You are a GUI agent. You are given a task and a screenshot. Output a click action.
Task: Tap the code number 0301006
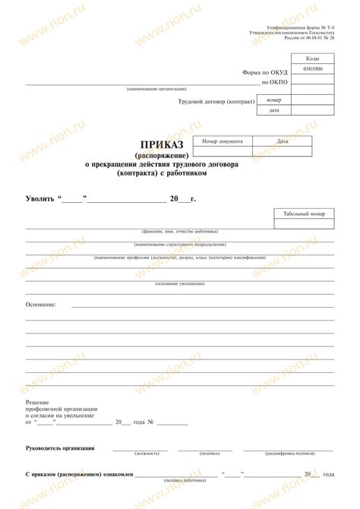(x=313, y=69)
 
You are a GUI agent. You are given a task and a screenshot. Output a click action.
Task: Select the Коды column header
(x=313, y=58)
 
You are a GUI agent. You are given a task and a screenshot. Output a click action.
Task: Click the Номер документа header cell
(x=223, y=141)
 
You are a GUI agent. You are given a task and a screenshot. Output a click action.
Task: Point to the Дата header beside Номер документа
(x=282, y=141)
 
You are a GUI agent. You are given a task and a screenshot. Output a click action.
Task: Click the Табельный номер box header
(x=304, y=213)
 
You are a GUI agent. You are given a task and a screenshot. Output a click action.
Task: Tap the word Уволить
(x=40, y=199)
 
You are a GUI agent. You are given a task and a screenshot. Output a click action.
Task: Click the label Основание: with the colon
(x=41, y=304)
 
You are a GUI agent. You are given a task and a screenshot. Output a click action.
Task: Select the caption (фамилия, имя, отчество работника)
(x=179, y=231)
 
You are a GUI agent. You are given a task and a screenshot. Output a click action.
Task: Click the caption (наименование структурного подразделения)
(x=179, y=244)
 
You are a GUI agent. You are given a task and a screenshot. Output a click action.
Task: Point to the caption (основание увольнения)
(x=179, y=283)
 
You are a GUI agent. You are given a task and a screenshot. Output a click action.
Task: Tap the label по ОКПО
(x=274, y=82)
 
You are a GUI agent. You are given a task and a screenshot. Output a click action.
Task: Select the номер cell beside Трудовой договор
(x=274, y=100)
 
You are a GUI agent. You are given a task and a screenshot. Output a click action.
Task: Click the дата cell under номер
(x=274, y=111)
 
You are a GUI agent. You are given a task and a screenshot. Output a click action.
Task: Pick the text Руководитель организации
(x=60, y=448)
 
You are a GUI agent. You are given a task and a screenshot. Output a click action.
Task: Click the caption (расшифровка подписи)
(x=289, y=454)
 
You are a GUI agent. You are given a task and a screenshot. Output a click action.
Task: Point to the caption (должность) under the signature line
(x=146, y=454)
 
